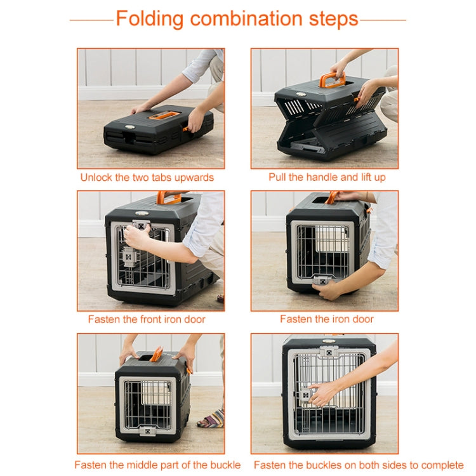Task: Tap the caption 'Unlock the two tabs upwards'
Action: pos(147,177)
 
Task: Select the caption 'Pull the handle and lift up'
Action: pos(326,177)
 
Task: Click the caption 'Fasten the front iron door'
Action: pos(147,319)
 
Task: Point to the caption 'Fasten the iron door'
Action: pos(326,319)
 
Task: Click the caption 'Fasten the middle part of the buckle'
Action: pos(157,465)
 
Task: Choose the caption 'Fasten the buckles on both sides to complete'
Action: pos(358,465)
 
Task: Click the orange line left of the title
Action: pos(91,20)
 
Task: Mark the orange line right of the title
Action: pos(383,20)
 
